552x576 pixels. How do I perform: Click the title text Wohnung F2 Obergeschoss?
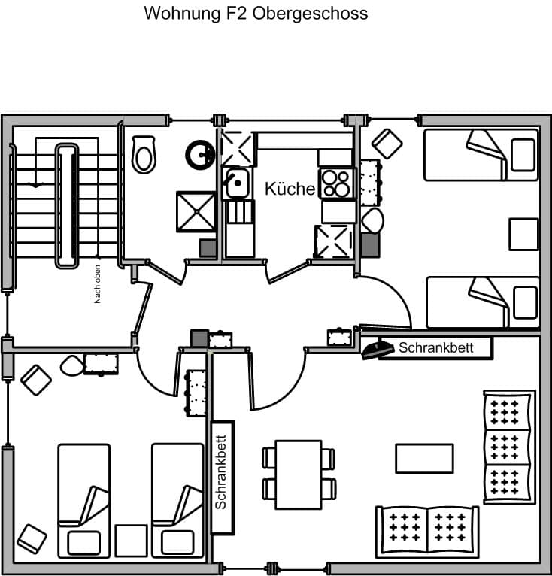[x=256, y=14]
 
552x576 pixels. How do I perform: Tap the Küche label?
[x=290, y=189]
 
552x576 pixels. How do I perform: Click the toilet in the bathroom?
[x=144, y=155]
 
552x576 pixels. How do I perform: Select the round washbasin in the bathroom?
[x=201, y=154]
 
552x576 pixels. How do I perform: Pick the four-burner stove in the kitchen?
[x=336, y=183]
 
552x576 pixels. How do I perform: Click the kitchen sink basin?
[x=238, y=183]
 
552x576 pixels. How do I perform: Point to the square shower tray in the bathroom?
[x=196, y=211]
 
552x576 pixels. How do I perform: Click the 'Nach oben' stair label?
[x=97, y=284]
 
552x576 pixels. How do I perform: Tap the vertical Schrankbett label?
[x=220, y=472]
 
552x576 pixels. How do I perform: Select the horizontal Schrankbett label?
[x=436, y=347]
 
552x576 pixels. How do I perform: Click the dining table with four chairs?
[x=299, y=474]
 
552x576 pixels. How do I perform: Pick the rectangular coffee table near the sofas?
[x=424, y=459]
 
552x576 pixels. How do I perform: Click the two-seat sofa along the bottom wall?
[x=427, y=531]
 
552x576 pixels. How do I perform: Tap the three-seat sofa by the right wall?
[x=509, y=447]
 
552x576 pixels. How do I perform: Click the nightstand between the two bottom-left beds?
[x=131, y=541]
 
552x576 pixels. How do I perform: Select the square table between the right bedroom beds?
[x=523, y=234]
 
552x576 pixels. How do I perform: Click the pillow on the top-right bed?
[x=523, y=155]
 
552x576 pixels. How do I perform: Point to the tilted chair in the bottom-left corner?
[x=32, y=539]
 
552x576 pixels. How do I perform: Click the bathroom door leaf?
[x=165, y=273]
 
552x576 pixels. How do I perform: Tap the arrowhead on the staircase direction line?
[x=35, y=185]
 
